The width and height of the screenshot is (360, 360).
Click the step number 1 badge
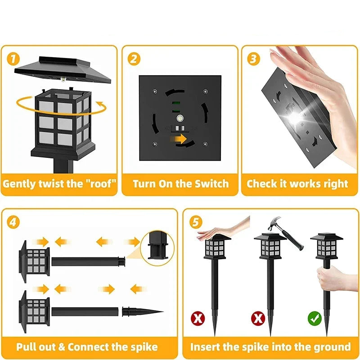tap(13, 59)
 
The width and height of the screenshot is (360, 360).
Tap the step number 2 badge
tap(134, 59)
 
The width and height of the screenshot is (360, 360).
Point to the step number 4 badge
tap(14, 222)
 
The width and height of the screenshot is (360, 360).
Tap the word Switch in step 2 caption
tap(211, 184)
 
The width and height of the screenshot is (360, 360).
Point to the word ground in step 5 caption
tap(329, 346)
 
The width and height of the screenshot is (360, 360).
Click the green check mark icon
tap(315, 319)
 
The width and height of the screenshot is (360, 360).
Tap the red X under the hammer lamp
tap(258, 319)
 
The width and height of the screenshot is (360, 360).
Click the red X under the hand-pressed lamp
tap(198, 319)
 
